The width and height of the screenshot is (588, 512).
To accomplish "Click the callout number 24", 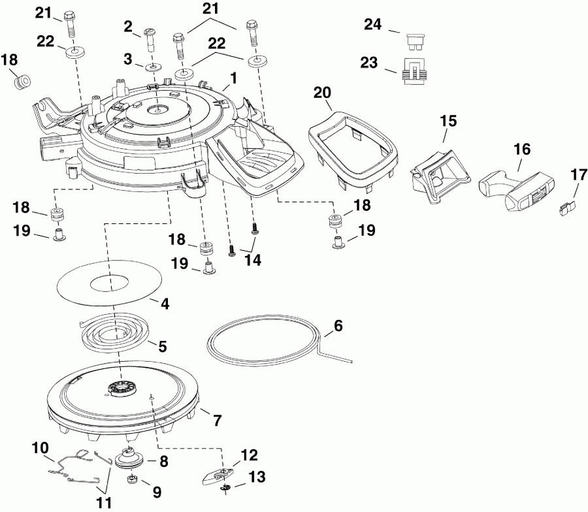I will [x=372, y=25].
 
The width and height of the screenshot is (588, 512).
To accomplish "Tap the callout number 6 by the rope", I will [x=338, y=325].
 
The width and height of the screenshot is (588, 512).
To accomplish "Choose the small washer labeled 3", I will [x=152, y=67].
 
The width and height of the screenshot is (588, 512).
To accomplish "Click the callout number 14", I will [x=252, y=260].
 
